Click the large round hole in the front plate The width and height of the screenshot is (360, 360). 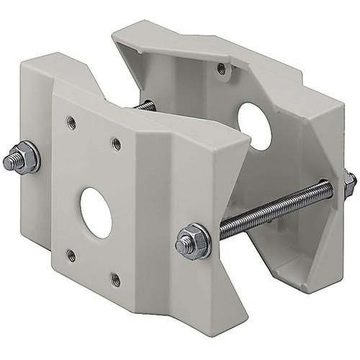[96, 212]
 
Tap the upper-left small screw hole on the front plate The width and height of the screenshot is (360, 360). [71, 122]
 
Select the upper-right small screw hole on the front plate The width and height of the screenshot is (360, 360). [117, 144]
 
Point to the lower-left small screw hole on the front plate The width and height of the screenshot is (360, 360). [71, 255]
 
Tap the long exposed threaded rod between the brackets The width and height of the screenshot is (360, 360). [274, 210]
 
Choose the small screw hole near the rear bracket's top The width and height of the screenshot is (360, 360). [222, 69]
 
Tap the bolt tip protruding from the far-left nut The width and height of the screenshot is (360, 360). [10, 161]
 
